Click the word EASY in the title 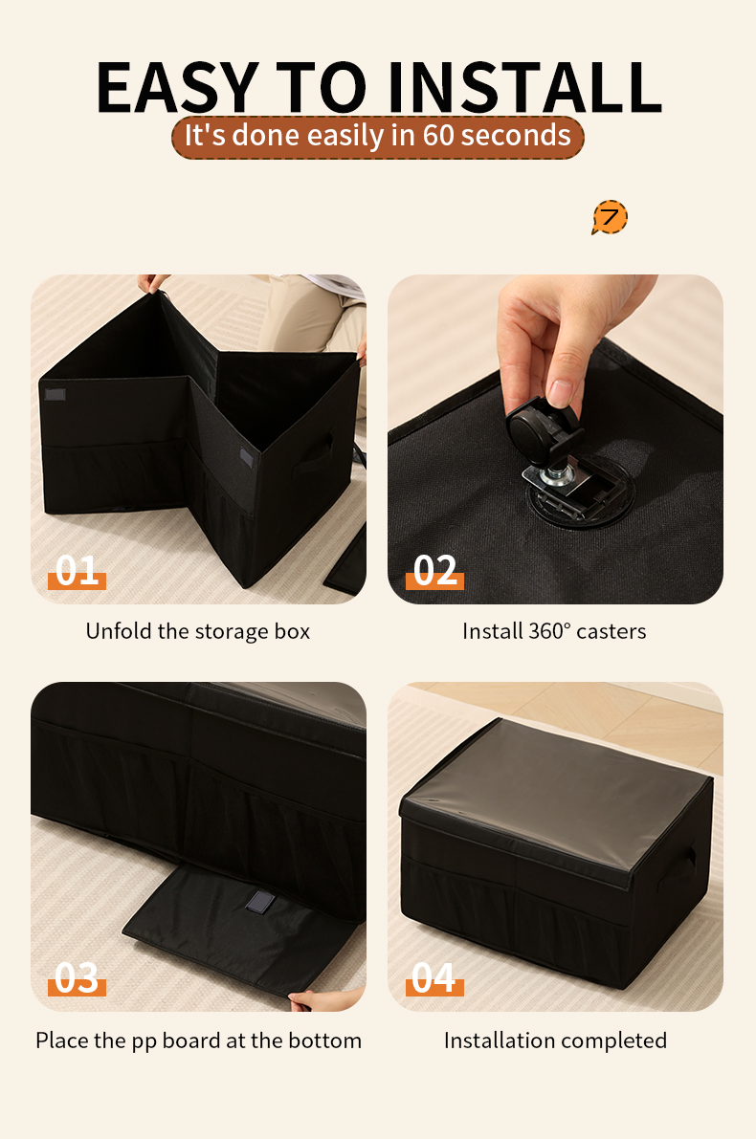(x=176, y=88)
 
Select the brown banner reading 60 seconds (x=377, y=136)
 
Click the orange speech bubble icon (x=610, y=217)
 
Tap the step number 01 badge (x=77, y=571)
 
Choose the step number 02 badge (x=434, y=571)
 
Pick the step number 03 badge (x=77, y=978)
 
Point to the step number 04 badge (x=434, y=978)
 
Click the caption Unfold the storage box (x=198, y=631)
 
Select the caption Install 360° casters (x=554, y=631)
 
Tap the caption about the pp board (x=198, y=1040)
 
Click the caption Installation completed (x=555, y=1040)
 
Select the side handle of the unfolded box (x=317, y=453)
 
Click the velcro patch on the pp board (x=258, y=902)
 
